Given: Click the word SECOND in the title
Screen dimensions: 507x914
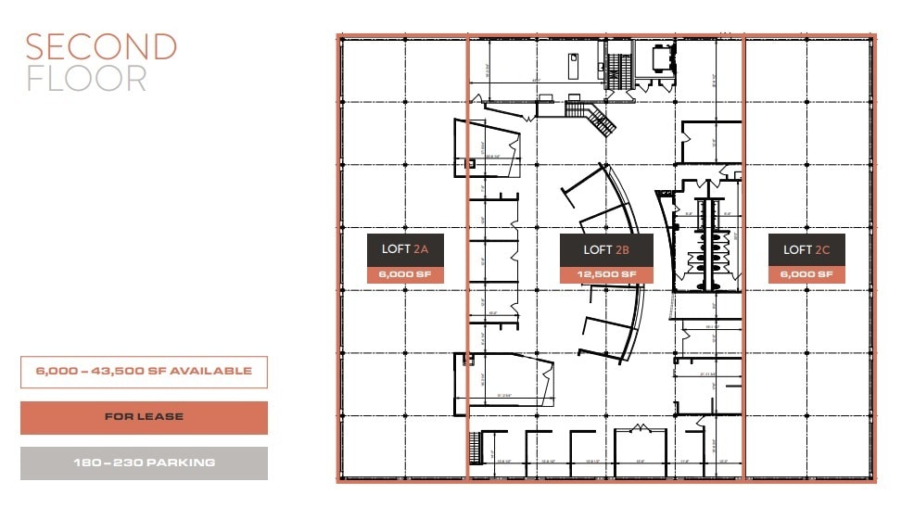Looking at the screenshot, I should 101,47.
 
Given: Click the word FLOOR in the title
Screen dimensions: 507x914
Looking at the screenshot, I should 86,79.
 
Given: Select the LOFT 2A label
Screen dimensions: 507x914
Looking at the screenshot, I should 405,249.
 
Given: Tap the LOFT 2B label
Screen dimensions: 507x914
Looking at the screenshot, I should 606,249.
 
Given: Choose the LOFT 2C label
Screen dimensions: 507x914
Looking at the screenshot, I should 806,249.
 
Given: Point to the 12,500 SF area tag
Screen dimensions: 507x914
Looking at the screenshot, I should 606,275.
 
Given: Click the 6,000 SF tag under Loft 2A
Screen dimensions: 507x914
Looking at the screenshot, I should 405,275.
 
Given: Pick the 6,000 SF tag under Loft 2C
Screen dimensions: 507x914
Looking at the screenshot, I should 806,275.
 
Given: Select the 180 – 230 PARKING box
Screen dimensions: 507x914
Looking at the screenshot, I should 144,463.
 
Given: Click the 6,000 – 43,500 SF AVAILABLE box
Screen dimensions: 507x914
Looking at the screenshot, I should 144,372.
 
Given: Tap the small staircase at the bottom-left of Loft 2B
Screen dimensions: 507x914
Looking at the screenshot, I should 476,449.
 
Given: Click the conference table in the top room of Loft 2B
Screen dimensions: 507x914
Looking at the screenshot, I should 663,59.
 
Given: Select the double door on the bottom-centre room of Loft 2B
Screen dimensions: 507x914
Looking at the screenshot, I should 638,429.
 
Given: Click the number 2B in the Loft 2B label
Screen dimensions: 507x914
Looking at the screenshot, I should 621,249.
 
